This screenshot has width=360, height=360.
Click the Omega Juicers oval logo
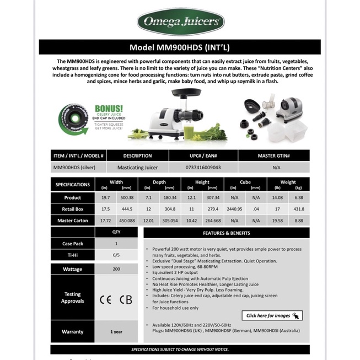(x=180, y=22)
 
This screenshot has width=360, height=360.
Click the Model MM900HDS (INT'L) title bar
(x=180, y=47)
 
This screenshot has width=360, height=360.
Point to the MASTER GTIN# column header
(x=273, y=155)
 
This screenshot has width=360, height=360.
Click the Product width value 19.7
(x=105, y=197)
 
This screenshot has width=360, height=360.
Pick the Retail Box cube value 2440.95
(x=234, y=209)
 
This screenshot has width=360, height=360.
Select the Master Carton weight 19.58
(x=277, y=221)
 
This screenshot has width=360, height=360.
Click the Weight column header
(x=288, y=181)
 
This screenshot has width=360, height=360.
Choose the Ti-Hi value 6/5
(x=116, y=255)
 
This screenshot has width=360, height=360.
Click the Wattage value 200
(x=116, y=269)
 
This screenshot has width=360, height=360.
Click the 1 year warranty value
(x=116, y=332)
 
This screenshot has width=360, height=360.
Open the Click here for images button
(x=272, y=315)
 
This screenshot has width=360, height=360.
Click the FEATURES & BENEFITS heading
(x=226, y=233)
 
